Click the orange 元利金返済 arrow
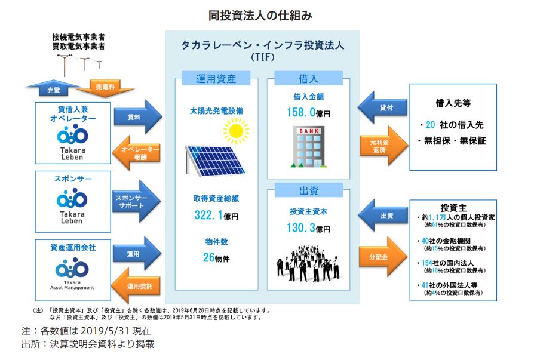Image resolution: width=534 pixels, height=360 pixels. (382, 146)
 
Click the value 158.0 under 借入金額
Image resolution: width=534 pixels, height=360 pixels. (302, 112)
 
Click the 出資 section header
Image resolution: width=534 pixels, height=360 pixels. (308, 191)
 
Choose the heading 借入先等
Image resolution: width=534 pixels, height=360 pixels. (453, 103)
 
